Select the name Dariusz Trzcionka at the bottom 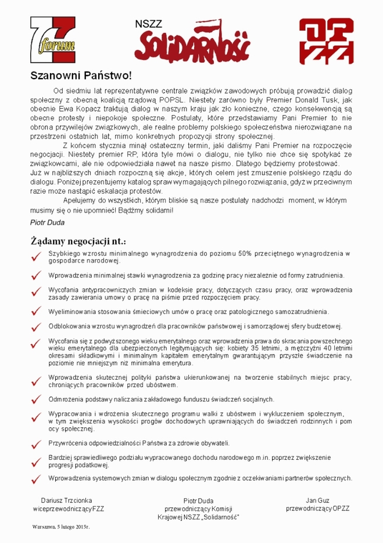pos(64,500)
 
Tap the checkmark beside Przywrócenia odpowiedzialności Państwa pos(37,444)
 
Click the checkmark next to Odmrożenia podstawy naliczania pos(37,400)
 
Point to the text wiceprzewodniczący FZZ pos(68,509)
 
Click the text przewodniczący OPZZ pos(317,509)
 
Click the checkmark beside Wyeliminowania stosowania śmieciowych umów pos(37,312)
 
